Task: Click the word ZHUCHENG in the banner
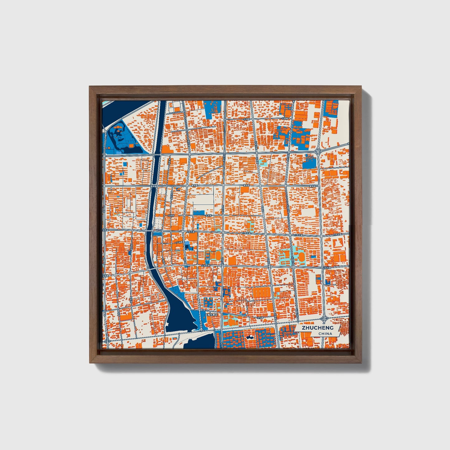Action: click(x=317, y=328)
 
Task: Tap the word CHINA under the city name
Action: click(x=325, y=334)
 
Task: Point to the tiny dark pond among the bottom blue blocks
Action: click(x=249, y=337)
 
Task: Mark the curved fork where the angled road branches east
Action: click(x=319, y=151)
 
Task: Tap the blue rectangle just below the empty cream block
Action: click(x=198, y=213)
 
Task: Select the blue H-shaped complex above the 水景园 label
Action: click(x=208, y=302)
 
